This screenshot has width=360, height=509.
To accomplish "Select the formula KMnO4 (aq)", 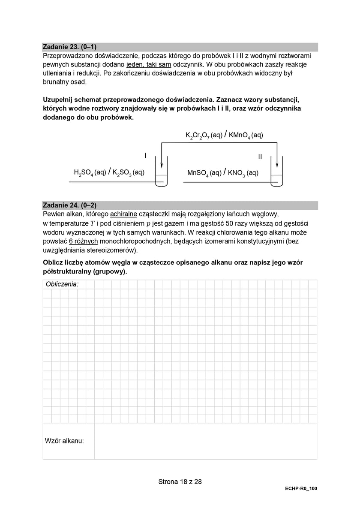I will tap(246, 135).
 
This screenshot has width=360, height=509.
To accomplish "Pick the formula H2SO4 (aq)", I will tap(90, 172).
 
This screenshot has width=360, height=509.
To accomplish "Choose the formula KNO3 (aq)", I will tap(243, 173).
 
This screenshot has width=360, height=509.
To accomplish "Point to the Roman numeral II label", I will tap(260, 157).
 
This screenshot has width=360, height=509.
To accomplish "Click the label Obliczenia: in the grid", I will tap(62, 284).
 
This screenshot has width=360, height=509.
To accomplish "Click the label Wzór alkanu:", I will tap(64, 441).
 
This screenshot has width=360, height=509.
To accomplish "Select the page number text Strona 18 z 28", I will tap(180, 482).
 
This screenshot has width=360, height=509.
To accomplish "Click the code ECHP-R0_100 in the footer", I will tap(301, 488).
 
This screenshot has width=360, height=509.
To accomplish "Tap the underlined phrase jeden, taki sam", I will tap(149, 64).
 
